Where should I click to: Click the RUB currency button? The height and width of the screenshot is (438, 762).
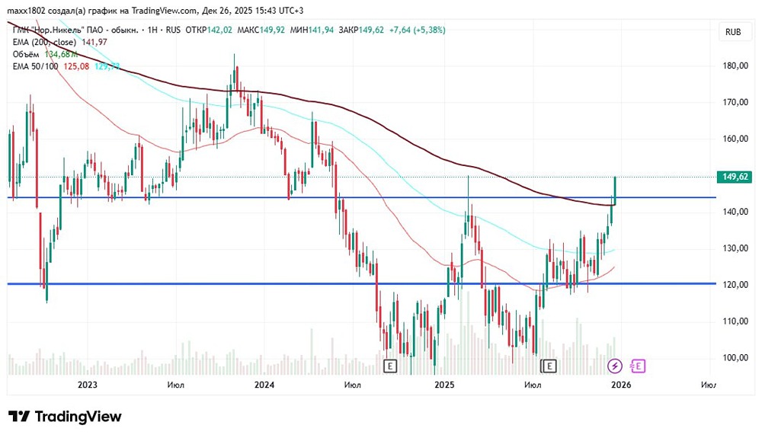pyautogui.click(x=734, y=32)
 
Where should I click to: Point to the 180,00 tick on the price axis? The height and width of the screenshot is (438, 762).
pyautogui.click(x=735, y=66)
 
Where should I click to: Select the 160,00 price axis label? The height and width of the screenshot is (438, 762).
pyautogui.click(x=735, y=139)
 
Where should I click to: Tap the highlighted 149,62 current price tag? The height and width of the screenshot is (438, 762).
pyautogui.click(x=735, y=177)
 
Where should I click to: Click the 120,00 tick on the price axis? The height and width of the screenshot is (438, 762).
pyautogui.click(x=735, y=285)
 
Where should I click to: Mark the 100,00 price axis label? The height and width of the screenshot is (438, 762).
pyautogui.click(x=735, y=358)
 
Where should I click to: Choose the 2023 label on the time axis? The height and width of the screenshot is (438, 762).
pyautogui.click(x=88, y=385)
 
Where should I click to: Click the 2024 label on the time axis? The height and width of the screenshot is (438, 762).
pyautogui.click(x=264, y=385)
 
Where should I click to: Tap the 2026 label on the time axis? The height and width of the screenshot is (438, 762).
pyautogui.click(x=621, y=385)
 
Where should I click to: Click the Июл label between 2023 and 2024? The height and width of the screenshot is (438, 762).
pyautogui.click(x=176, y=385)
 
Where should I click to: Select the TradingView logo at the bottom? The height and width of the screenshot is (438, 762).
pyautogui.click(x=65, y=417)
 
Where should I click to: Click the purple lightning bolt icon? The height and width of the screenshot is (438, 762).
pyautogui.click(x=615, y=366)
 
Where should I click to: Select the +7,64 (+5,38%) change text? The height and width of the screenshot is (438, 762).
pyautogui.click(x=417, y=30)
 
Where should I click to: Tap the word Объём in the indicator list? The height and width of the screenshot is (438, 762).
pyautogui.click(x=27, y=54)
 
